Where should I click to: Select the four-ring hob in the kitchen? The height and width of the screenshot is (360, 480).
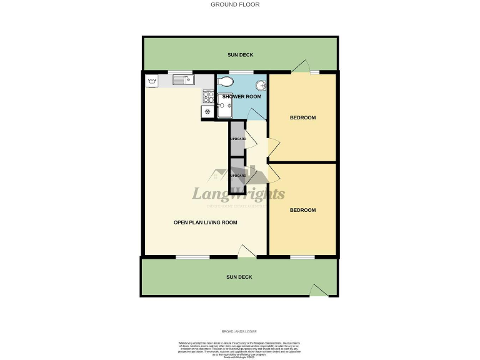coord(208,96)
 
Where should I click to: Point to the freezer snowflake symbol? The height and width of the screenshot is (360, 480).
coord(207,111)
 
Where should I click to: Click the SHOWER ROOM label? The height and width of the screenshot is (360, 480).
coord(241,96)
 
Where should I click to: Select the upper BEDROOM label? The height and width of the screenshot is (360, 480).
coord(302,117)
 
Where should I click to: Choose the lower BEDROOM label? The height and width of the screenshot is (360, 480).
coord(302,210)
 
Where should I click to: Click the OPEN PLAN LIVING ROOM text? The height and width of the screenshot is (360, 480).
coord(205,222)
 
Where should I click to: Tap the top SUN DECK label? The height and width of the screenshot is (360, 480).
coord(239,55)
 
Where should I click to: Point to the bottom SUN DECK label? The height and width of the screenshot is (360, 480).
coord(239,276)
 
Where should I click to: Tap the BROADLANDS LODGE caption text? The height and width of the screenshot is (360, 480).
coord(239,331)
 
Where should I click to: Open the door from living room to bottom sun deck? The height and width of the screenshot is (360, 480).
coord(247,251)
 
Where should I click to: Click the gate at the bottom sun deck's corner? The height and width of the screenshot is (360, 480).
coord(319,290)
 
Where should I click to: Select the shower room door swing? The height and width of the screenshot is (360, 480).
coord(255,114)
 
